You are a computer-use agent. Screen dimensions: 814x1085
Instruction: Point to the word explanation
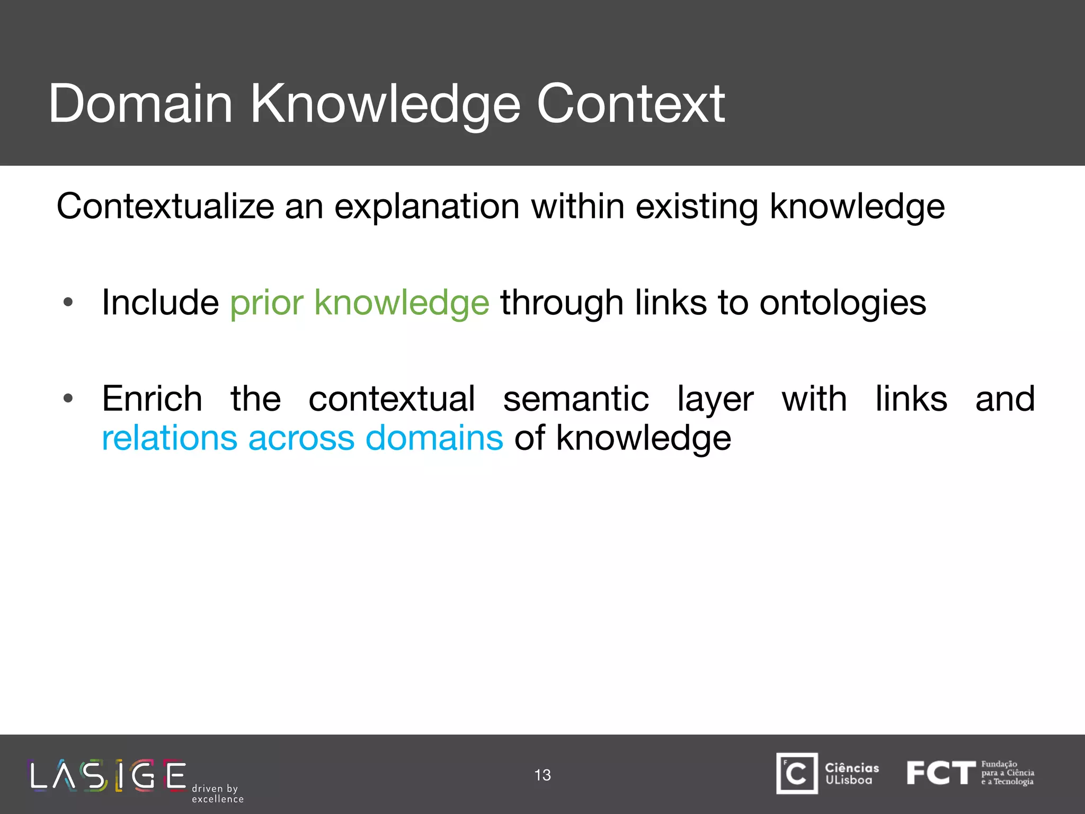(426, 206)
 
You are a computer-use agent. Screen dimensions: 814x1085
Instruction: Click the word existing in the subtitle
(697, 206)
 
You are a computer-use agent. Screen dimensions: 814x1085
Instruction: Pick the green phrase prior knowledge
(360, 303)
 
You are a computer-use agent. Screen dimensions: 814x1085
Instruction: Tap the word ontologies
(843, 303)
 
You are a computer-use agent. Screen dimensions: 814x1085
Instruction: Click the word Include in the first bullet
(160, 303)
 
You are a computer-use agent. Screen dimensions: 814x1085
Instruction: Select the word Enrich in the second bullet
(152, 399)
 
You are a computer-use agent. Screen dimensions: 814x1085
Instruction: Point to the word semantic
(576, 399)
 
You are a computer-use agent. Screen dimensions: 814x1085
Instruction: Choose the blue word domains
(434, 438)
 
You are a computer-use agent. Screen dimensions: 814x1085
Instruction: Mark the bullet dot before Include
(67, 303)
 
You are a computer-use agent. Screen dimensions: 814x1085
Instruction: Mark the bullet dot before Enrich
(67, 399)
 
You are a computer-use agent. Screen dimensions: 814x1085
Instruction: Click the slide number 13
(542, 775)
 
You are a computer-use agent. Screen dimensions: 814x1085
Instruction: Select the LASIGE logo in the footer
(108, 776)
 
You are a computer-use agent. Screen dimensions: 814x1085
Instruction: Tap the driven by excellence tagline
(217, 794)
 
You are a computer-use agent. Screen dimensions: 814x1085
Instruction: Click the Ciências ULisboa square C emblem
(797, 774)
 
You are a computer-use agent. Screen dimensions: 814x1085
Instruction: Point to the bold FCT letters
(940, 773)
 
